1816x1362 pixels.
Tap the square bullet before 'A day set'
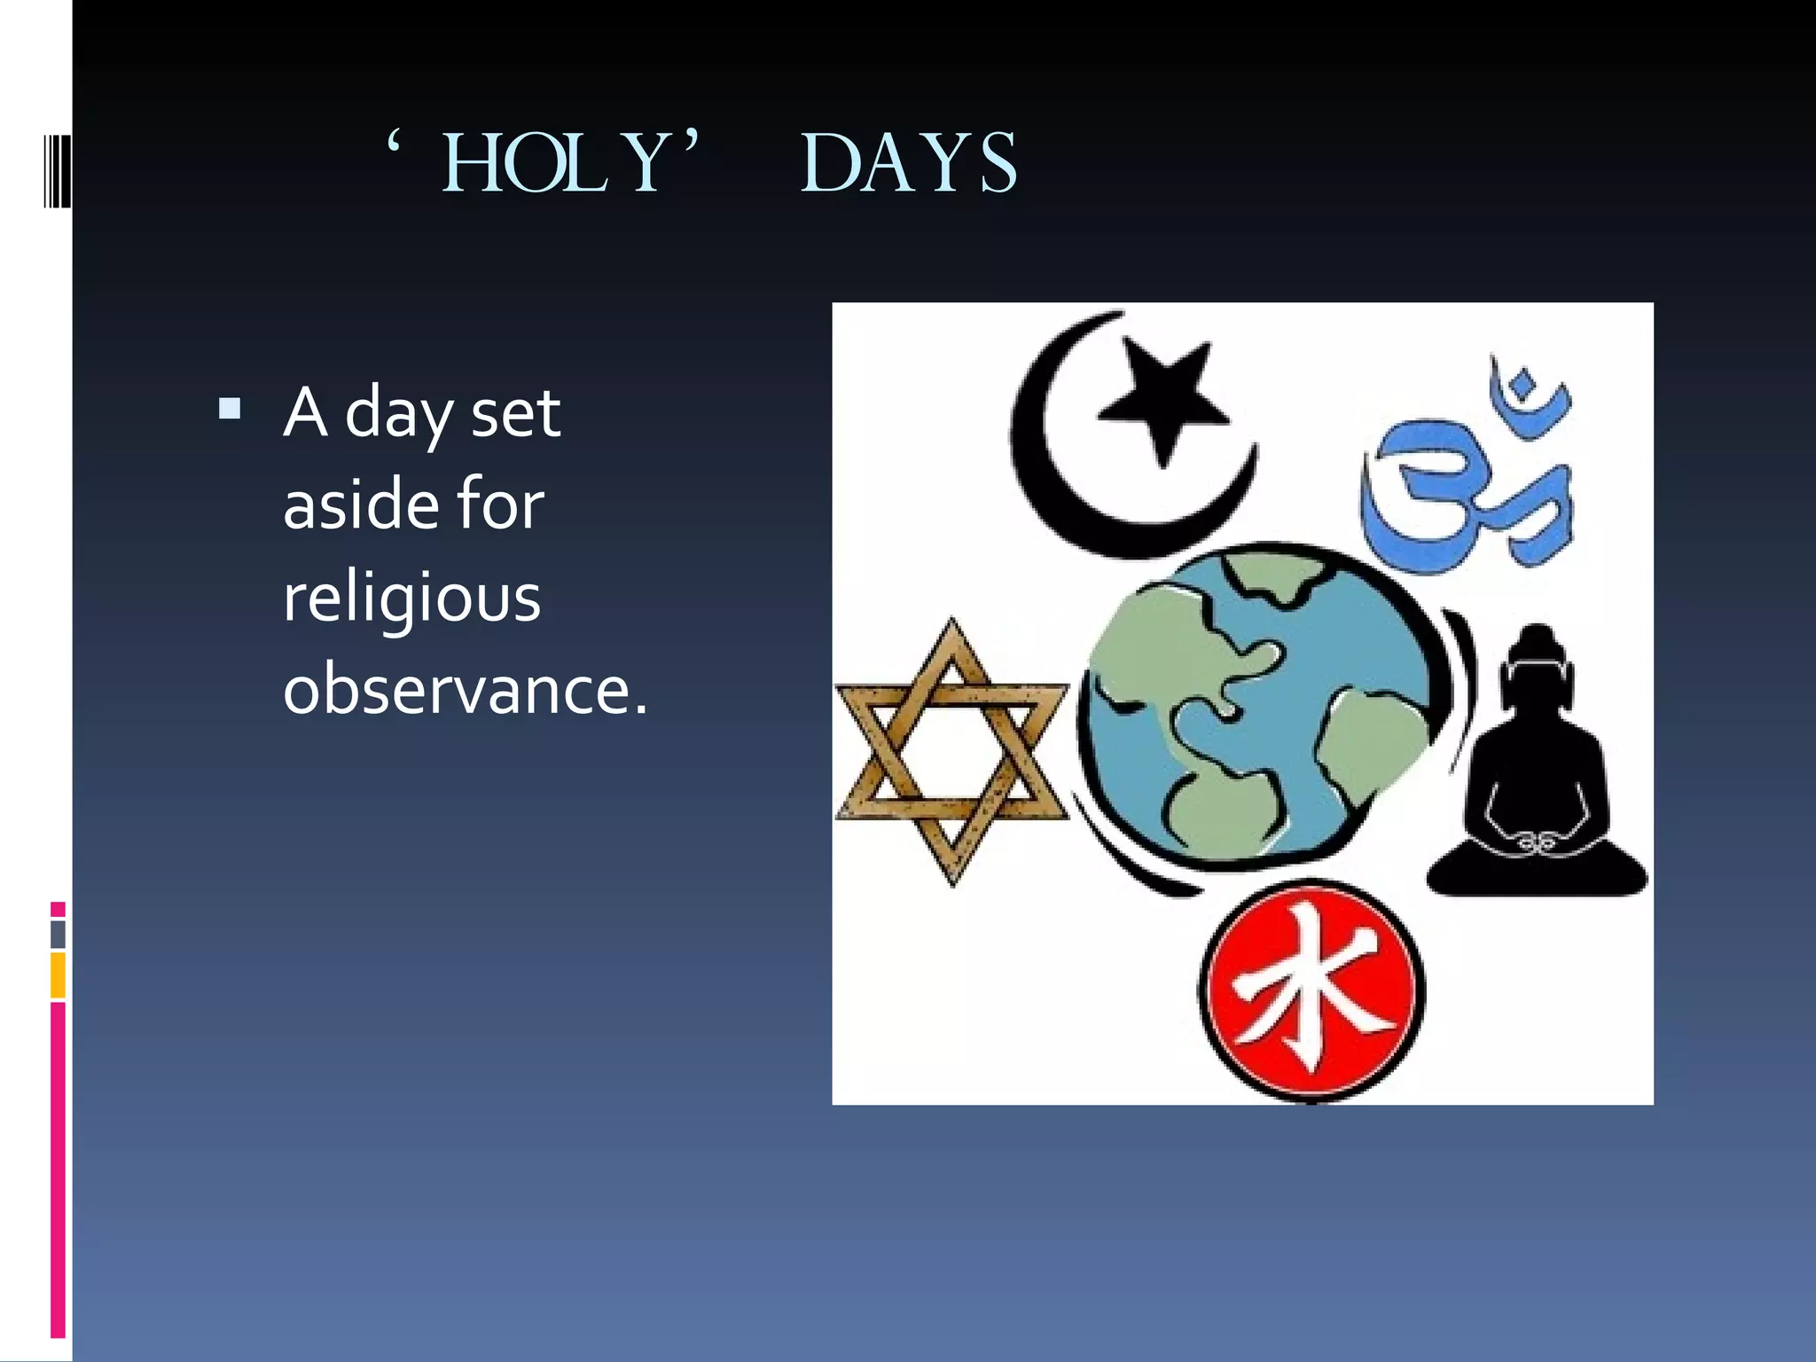pyautogui.click(x=230, y=409)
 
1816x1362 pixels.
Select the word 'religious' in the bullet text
pyautogui.click(x=412, y=598)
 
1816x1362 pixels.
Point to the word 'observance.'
pyautogui.click(x=466, y=689)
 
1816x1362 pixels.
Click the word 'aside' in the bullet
pyautogui.click(x=361, y=504)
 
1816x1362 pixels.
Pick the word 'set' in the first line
pyautogui.click(x=515, y=413)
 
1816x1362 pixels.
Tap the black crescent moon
pyautogui.click(x=1055, y=479)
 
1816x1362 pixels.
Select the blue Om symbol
pyautogui.click(x=1463, y=470)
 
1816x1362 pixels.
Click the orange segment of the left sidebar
pyautogui.click(x=58, y=975)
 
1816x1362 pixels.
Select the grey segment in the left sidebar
pyautogui.click(x=58, y=934)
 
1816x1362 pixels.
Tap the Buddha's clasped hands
pyautogui.click(x=1538, y=841)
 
